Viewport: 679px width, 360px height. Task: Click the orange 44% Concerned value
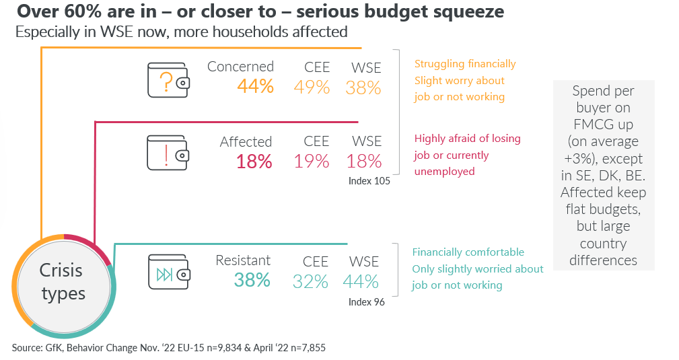[256, 87]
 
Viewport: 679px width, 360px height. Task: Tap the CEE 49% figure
[312, 87]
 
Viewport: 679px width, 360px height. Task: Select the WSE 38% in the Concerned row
[363, 88]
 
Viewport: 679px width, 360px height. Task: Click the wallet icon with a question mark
[168, 80]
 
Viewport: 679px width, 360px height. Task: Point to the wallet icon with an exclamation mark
[168, 153]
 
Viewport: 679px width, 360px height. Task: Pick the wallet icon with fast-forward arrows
[170, 272]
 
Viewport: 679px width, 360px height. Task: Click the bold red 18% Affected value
[254, 162]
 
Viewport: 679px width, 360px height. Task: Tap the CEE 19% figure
[312, 161]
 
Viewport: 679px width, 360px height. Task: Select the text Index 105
[369, 181]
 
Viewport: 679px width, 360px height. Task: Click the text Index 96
[367, 302]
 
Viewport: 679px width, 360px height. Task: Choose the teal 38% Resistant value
[252, 281]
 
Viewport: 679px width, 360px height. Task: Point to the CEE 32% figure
[310, 281]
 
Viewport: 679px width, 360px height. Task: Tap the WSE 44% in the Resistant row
[361, 281]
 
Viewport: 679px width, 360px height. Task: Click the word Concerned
[240, 67]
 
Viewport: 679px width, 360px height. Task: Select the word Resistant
[243, 260]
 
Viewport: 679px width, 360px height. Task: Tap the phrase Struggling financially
[465, 64]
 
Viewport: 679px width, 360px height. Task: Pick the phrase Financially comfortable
[468, 252]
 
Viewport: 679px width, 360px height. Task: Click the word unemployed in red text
[444, 172]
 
